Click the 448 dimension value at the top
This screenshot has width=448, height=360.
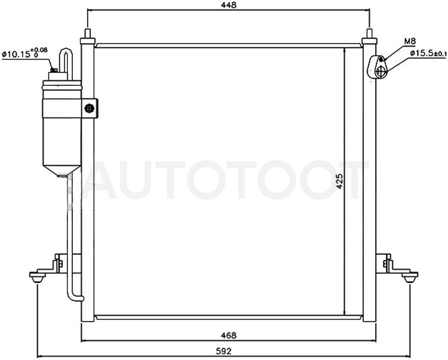[x=229, y=5]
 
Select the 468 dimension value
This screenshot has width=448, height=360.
[x=229, y=335]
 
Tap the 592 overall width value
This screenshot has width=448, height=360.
[x=224, y=351]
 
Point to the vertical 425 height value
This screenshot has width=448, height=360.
[x=339, y=181]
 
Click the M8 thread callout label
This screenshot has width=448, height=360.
[x=410, y=41]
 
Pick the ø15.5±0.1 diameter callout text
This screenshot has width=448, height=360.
[x=428, y=53]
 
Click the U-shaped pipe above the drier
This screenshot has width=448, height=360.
[x=66, y=63]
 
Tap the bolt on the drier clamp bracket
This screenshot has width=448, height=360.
[x=90, y=108]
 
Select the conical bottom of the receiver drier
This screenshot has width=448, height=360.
[x=62, y=170]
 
